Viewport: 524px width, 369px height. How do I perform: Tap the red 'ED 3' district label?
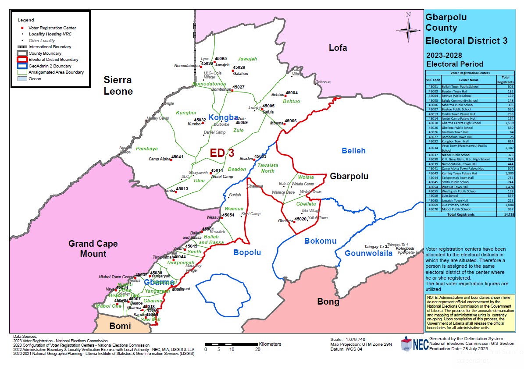222,153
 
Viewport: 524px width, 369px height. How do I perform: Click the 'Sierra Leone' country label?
118,85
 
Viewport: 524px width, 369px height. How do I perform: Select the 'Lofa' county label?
338,48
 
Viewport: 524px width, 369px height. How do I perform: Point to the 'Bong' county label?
328,302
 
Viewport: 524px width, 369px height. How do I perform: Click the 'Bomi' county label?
120,326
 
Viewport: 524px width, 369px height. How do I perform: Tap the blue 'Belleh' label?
353,151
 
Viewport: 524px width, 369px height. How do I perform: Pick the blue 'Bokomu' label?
320,241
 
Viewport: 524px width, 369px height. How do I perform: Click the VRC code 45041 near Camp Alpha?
177,156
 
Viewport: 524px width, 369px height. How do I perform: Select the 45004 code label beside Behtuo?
292,93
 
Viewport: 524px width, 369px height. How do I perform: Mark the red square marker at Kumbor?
203,123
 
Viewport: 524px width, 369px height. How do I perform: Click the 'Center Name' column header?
469,80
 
